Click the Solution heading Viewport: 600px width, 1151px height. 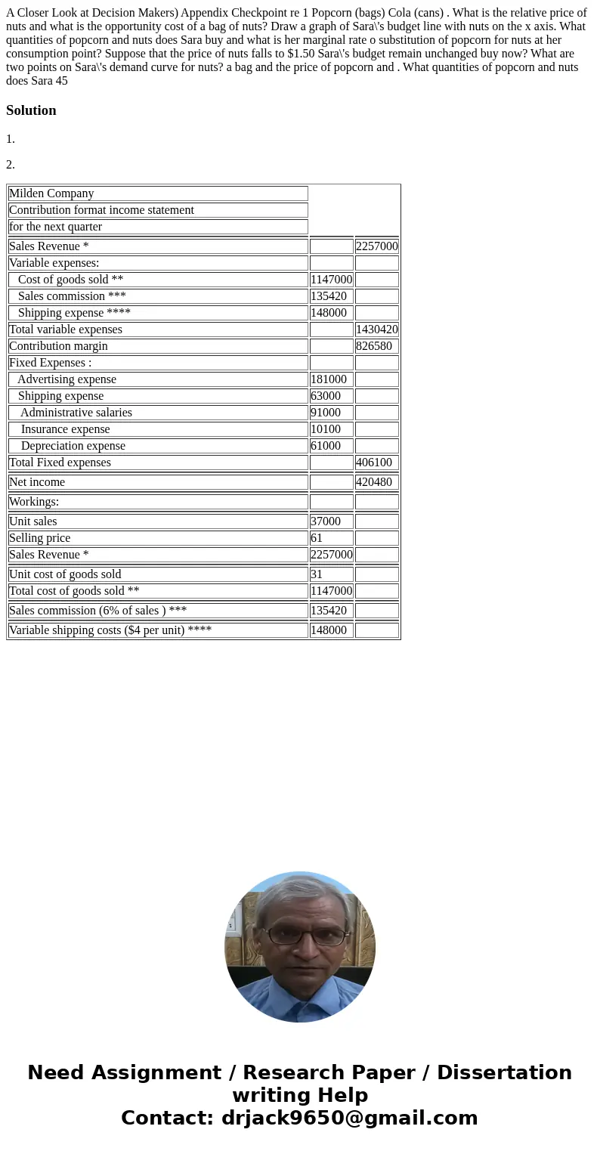coord(31,110)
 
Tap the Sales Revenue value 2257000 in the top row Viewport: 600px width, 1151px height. coord(376,246)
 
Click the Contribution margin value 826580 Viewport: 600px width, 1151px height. coord(373,346)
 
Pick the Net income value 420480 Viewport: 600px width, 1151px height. coord(373,482)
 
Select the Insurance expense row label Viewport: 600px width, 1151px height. coord(65,429)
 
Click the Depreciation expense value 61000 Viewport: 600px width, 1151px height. coord(326,446)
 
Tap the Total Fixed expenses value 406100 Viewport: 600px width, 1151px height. coord(373,463)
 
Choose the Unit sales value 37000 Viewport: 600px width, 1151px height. coord(326,521)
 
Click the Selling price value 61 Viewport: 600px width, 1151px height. coord(317,538)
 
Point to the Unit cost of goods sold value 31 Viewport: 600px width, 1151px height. coord(317,574)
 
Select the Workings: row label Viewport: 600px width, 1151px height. coord(34,502)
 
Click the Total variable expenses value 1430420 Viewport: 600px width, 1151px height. coord(376,330)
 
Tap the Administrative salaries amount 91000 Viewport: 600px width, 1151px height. coord(326,413)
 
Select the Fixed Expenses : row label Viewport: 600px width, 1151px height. coord(50,363)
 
